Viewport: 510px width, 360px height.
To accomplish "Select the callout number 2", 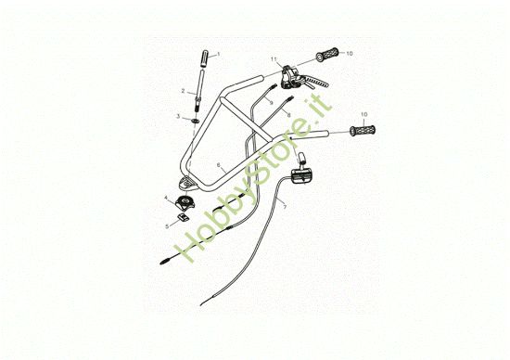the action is (x=184, y=90).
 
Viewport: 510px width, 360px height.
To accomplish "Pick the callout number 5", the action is (x=168, y=224).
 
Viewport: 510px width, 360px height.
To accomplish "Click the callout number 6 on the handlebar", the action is (x=219, y=164).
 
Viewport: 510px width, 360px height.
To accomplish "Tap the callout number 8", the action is (x=288, y=114).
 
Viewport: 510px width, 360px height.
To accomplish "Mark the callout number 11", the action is (x=274, y=60).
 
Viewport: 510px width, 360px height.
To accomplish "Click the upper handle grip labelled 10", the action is (x=328, y=52).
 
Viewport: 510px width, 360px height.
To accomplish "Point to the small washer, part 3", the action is (x=197, y=118).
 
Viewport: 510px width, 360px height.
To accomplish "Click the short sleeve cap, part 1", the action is (x=203, y=65).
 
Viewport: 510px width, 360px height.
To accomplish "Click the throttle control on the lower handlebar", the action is (x=303, y=174).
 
